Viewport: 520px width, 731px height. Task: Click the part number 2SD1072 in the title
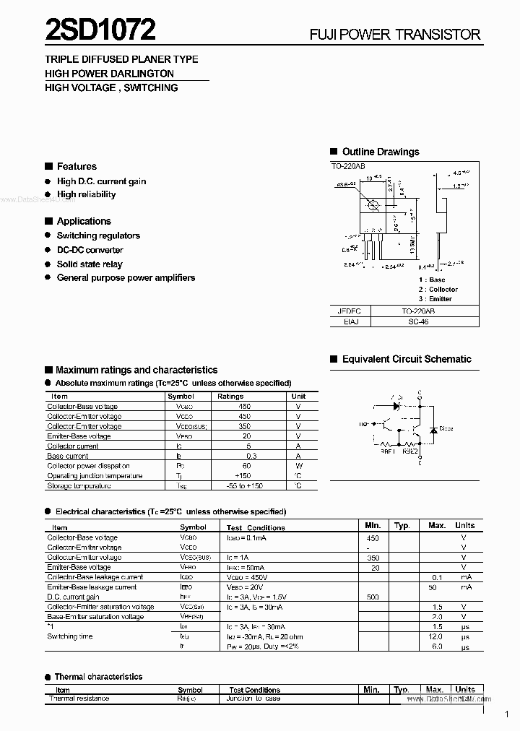click(x=100, y=30)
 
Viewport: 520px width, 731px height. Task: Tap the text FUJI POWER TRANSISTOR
click(x=394, y=34)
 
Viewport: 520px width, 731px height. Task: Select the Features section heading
click(x=77, y=166)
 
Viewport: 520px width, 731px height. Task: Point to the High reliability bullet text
click(x=86, y=194)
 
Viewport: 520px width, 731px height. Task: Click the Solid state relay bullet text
click(x=90, y=264)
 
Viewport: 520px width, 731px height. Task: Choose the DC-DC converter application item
click(x=90, y=250)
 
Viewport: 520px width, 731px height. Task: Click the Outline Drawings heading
click(x=380, y=152)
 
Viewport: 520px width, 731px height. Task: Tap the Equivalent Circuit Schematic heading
click(x=406, y=359)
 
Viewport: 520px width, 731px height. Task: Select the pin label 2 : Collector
click(x=438, y=289)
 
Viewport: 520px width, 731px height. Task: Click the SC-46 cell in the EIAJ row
click(x=419, y=321)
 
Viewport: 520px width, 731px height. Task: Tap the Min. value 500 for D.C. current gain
click(x=373, y=597)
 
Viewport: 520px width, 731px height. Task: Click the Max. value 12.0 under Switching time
click(x=436, y=636)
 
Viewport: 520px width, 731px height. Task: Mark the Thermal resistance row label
click(x=79, y=698)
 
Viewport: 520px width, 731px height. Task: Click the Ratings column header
click(x=230, y=396)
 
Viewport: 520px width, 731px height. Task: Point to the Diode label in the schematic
click(x=446, y=428)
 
